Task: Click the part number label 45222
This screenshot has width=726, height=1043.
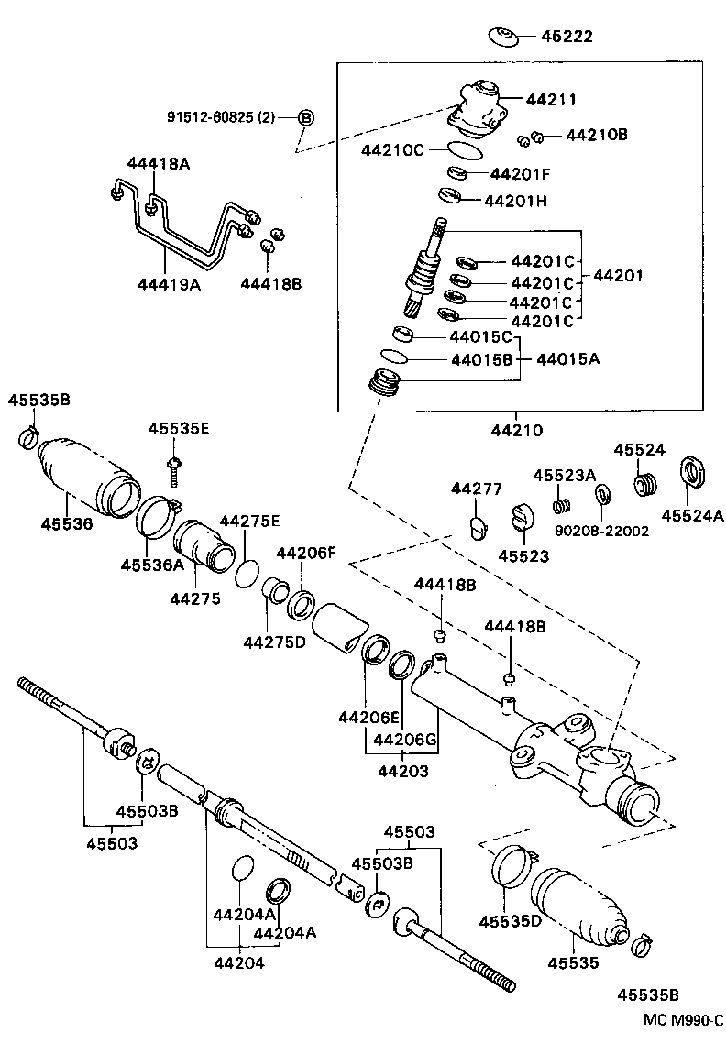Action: click(566, 38)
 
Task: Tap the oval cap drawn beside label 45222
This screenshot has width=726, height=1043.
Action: click(501, 37)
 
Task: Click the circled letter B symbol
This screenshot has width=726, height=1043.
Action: click(306, 116)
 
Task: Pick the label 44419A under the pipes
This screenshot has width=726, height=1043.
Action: click(169, 284)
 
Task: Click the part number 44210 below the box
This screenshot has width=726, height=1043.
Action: click(515, 429)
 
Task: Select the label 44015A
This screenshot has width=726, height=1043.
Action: click(567, 358)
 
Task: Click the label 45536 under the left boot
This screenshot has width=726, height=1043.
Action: click(67, 523)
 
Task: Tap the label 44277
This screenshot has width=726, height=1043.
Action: click(476, 489)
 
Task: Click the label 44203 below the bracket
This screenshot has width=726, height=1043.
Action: click(402, 772)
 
